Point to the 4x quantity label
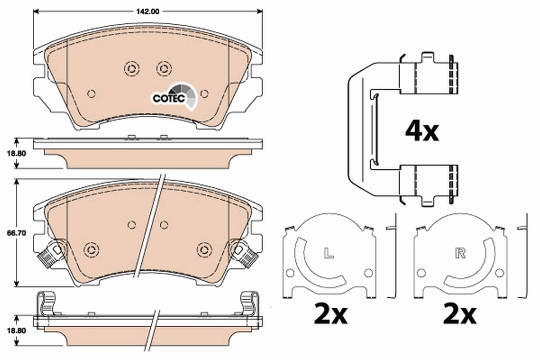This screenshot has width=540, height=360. [x=421, y=131]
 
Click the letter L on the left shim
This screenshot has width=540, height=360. [x=329, y=254]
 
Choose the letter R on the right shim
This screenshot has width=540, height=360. [x=460, y=254]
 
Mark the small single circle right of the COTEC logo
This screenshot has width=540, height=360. [x=204, y=94]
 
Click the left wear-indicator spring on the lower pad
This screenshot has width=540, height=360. [x=49, y=254]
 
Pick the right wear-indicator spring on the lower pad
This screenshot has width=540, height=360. [x=247, y=254]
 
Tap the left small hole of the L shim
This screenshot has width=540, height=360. [x=290, y=273]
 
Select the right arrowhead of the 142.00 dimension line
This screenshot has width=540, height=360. [x=260, y=11]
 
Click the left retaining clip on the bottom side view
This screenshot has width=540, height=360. [x=47, y=304]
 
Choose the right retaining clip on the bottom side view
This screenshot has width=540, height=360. [x=248, y=304]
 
